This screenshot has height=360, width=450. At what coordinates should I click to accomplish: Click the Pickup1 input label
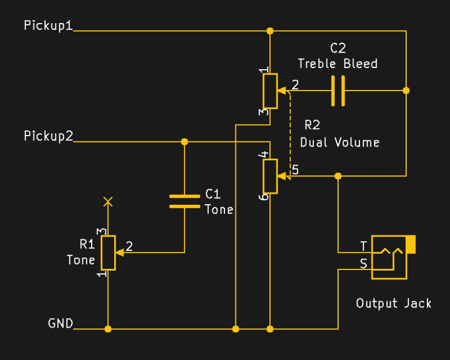pyautogui.click(x=48, y=26)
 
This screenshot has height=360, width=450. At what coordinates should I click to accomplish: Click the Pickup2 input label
pyautogui.click(x=48, y=136)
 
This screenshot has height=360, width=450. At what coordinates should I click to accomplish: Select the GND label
pyautogui.click(x=61, y=324)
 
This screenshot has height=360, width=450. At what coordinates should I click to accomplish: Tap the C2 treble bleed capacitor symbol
pyautogui.click(x=338, y=91)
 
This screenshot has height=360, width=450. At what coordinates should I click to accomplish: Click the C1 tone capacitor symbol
pyautogui.click(x=185, y=201)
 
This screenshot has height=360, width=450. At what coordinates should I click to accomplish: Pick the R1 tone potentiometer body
pyautogui.click(x=108, y=253)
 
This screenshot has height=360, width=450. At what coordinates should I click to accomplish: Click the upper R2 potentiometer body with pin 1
pyautogui.click(x=270, y=91)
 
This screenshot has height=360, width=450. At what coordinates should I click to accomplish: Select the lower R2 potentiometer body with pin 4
pyautogui.click(x=270, y=176)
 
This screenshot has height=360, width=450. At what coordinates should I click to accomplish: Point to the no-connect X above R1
pyautogui.click(x=108, y=201)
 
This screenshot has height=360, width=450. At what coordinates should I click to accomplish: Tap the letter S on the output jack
pyautogui.click(x=363, y=264)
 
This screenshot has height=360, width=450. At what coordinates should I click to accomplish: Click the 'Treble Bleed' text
pyautogui.click(x=337, y=63)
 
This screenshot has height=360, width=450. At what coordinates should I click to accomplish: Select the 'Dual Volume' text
pyautogui.click(x=340, y=142)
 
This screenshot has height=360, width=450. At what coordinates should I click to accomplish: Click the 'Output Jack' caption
pyautogui.click(x=393, y=303)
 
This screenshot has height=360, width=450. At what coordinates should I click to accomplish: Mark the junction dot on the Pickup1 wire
pyautogui.click(x=270, y=31)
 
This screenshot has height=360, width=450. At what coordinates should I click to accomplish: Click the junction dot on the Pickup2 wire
pyautogui.click(x=185, y=141)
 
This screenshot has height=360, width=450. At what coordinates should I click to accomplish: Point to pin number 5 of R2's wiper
pyautogui.click(x=295, y=170)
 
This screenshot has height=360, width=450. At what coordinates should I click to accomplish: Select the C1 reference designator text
pyautogui.click(x=213, y=194)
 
